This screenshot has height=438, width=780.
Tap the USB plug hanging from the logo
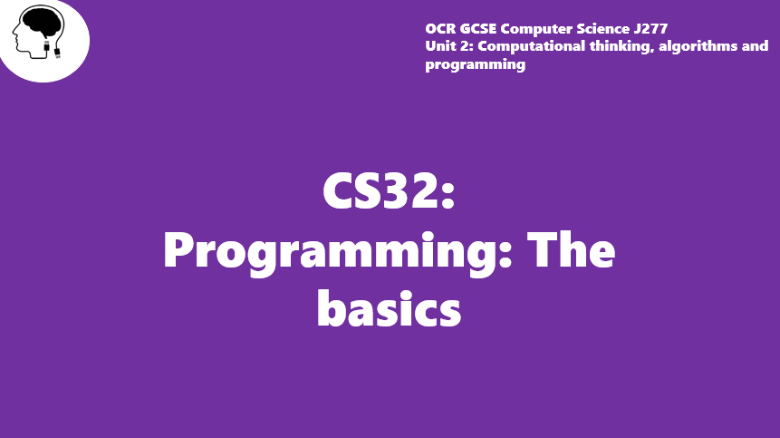tap(57, 53)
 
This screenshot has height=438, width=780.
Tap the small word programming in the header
tap(475, 64)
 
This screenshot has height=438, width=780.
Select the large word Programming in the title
tap(331, 252)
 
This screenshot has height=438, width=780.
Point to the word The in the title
tap(571, 249)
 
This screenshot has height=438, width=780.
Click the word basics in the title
tap(389, 307)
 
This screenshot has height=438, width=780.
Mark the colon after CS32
tap(448, 195)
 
